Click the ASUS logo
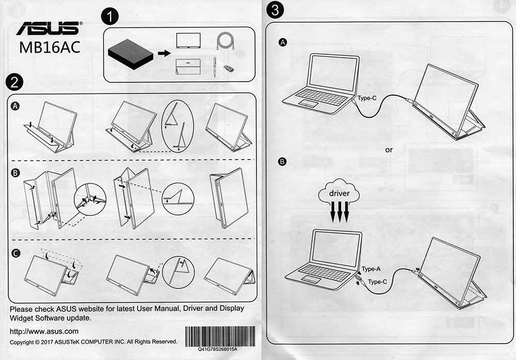point(49,28)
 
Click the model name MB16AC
point(50,46)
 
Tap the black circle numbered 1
point(110,17)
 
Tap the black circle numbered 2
point(14,82)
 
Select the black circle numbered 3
point(276,10)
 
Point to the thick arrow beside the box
point(164,53)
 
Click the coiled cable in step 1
point(226,41)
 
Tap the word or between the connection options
point(389,150)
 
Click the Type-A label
point(370,269)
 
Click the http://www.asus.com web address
point(44,331)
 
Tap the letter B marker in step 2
point(15,168)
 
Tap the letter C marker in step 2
point(15,253)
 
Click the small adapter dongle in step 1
point(227,68)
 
